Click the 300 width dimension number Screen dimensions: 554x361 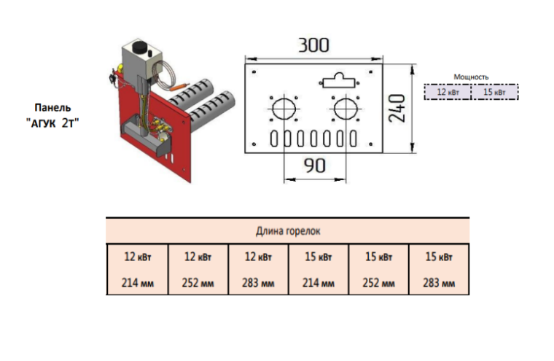click(313, 45)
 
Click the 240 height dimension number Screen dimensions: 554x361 click(397, 108)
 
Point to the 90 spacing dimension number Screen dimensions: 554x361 click(314, 166)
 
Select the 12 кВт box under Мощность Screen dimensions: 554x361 click(448, 92)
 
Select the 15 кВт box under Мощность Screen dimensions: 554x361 click(495, 92)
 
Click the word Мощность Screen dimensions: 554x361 click(471, 77)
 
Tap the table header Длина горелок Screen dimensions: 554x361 click(288, 231)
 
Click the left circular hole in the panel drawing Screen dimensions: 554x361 click(284, 108)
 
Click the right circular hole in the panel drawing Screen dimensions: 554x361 click(346, 108)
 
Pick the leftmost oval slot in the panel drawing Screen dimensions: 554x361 click(274, 139)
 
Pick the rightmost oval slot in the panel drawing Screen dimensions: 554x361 click(353, 139)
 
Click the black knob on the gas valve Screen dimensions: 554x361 click(138, 47)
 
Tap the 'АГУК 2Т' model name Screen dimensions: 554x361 click(52, 123)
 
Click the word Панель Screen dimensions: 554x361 click(52, 107)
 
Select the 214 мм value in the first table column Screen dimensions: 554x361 click(138, 283)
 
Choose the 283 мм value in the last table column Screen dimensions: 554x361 click(439, 283)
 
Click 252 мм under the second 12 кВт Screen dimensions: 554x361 click(198, 283)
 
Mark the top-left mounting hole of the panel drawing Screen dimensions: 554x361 click(254, 72)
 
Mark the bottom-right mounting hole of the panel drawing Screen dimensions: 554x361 click(370, 144)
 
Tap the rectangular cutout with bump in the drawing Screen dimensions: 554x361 click(338, 81)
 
